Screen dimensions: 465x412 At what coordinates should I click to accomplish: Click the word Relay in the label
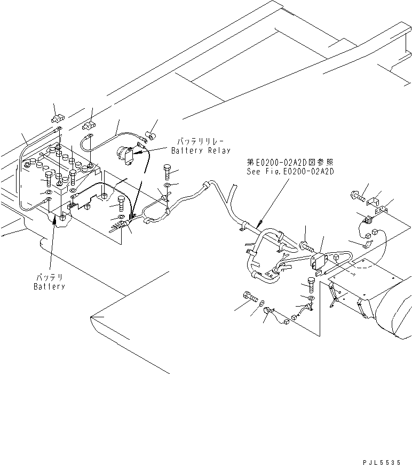pyautogui.click(x=219, y=151)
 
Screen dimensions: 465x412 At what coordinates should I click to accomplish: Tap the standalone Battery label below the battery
pyautogui.click(x=49, y=286)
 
